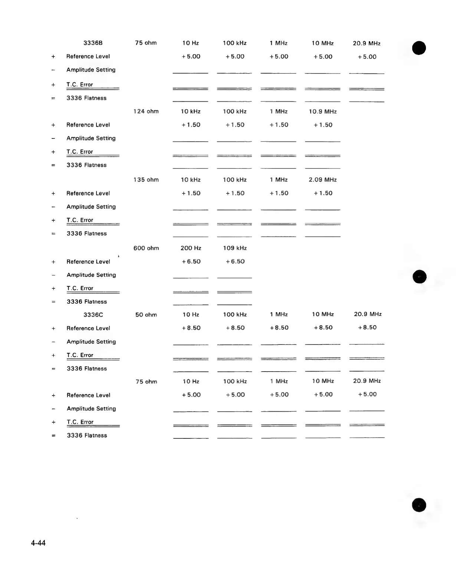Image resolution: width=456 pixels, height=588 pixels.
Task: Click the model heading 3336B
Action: [x=93, y=43]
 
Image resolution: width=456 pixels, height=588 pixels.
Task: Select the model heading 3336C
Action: [x=93, y=315]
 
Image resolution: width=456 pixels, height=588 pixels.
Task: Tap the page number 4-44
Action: [x=38, y=543]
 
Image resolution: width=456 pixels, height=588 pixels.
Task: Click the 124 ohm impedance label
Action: [x=146, y=111]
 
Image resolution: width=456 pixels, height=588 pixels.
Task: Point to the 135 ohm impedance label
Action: [x=146, y=180]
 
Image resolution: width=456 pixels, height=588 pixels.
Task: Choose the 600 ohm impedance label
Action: [x=146, y=248]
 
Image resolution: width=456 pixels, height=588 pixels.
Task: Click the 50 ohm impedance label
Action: [x=146, y=315]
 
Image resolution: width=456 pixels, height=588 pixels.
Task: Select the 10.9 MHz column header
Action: [x=322, y=111]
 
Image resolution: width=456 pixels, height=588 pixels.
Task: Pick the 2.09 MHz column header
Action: [x=322, y=180]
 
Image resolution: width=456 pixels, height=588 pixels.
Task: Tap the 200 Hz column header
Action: [x=191, y=248]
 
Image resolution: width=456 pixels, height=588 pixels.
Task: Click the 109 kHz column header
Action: [x=234, y=248]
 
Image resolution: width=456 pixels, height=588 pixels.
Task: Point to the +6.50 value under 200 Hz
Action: [x=191, y=261]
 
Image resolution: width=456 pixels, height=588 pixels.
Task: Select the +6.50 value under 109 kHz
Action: [x=235, y=261]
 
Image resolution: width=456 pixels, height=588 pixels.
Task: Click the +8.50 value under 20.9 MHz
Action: [x=367, y=327]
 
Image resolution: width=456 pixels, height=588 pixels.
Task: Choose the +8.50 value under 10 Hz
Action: [x=191, y=328]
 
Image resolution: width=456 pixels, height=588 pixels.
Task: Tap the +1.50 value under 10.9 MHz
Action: [x=323, y=125]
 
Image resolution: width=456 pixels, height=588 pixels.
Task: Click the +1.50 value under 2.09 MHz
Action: [x=323, y=193]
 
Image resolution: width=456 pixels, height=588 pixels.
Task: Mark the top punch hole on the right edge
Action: [x=419, y=48]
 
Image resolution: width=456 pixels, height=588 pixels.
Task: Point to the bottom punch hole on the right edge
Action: [x=419, y=505]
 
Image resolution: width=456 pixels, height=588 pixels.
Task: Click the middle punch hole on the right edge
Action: [x=420, y=277]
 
